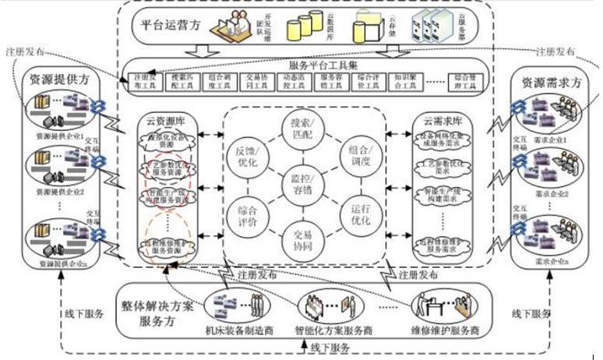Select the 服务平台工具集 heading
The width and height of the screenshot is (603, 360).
(315, 64)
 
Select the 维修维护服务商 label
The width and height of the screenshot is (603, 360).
(445, 329)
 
